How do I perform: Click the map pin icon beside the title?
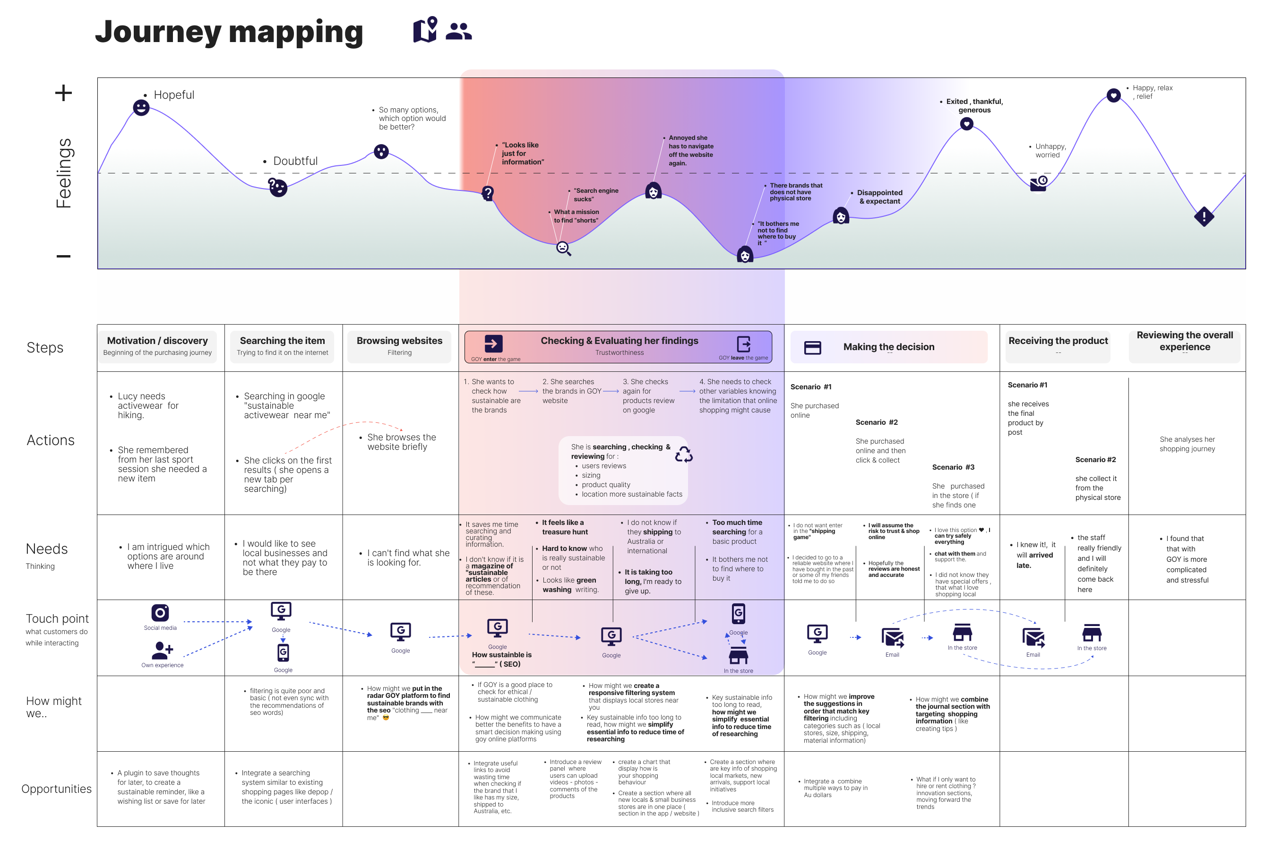(x=425, y=29)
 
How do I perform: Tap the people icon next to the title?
(x=458, y=31)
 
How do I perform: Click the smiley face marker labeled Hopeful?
(x=141, y=107)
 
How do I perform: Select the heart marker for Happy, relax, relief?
(x=1114, y=95)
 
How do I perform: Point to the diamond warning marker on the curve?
(x=1204, y=216)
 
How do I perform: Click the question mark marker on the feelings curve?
(x=488, y=193)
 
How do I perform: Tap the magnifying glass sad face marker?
(x=563, y=248)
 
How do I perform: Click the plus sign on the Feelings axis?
(x=63, y=93)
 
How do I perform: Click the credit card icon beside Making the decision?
(x=812, y=347)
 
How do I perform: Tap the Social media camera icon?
(x=160, y=613)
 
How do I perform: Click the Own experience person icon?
(x=162, y=649)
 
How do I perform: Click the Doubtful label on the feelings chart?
(x=295, y=161)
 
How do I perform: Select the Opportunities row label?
(x=56, y=789)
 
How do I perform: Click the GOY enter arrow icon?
(x=493, y=343)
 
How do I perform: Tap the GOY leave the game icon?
(x=743, y=344)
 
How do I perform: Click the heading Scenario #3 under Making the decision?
(x=953, y=467)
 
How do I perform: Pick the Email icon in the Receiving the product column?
(x=1033, y=637)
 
